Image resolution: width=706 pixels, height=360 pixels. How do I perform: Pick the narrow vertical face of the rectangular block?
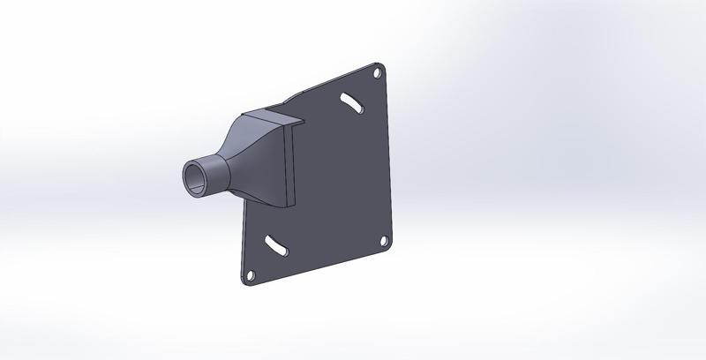(x=288, y=163)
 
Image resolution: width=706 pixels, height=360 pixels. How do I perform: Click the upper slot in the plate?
(x=352, y=103)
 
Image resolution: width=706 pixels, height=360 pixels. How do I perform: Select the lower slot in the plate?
(x=274, y=244)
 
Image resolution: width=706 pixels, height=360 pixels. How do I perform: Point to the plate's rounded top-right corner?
(x=383, y=65)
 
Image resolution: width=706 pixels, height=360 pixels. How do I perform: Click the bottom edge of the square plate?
(x=318, y=266)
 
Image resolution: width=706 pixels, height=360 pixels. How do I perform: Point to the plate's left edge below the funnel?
(x=241, y=238)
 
